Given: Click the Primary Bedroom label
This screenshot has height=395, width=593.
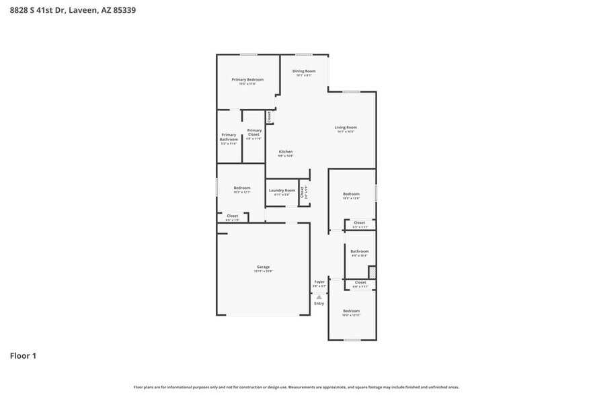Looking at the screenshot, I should (247, 79).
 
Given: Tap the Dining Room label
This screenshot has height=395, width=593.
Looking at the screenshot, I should (304, 71).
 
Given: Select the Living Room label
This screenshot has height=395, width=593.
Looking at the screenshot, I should (346, 127).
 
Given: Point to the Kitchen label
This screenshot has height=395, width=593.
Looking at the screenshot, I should (286, 152).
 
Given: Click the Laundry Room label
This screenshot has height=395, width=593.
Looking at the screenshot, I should (282, 190).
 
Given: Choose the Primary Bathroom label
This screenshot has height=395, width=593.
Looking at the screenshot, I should (229, 137).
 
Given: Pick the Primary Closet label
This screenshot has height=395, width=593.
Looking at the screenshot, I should (254, 132).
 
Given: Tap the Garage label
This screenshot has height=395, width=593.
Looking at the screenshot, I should (262, 267).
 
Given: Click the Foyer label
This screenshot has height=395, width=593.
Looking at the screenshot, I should (319, 281).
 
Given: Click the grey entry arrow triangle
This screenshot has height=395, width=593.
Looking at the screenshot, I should (319, 296).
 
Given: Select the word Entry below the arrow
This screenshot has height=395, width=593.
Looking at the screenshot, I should (319, 303).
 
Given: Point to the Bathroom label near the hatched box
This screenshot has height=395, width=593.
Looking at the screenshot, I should (359, 251).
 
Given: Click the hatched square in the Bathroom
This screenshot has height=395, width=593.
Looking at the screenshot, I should (372, 271).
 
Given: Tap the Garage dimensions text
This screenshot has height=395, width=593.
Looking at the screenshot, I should (263, 271).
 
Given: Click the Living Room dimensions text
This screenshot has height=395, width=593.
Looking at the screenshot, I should (346, 132).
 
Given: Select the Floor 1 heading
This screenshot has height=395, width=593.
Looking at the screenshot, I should (23, 355).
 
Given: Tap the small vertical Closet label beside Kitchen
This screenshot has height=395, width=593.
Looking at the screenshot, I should (269, 117).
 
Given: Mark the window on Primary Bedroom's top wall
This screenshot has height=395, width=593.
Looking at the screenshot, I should (249, 54).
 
